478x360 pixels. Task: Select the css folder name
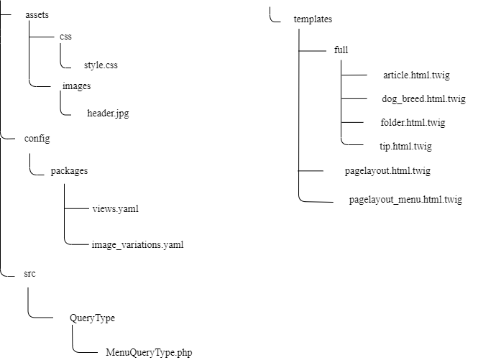[x=66, y=36]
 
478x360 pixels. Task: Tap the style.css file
[x=100, y=65]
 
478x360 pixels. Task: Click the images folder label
[x=76, y=86]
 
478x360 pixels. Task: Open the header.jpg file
[x=108, y=113]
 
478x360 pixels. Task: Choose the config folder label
[x=37, y=139]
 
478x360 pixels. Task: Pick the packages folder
[x=69, y=171]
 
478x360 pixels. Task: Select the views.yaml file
[x=115, y=209]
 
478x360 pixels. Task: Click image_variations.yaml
[x=137, y=245]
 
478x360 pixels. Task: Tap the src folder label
[x=30, y=274]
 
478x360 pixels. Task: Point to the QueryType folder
[x=92, y=317]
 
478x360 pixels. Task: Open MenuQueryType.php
[x=149, y=352]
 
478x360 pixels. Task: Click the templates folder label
[x=313, y=19]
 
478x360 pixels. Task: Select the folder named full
[x=341, y=50]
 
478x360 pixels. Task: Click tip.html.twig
[x=405, y=146]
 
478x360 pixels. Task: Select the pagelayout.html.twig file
[x=387, y=171]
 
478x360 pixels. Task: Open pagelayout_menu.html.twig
[x=405, y=200]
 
